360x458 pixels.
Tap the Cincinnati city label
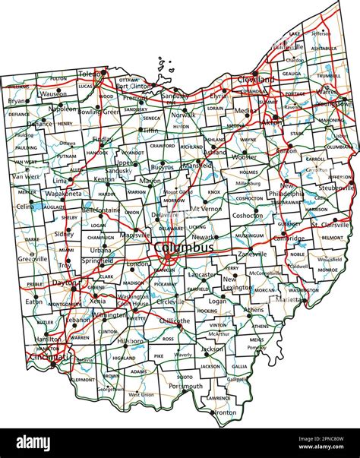[x=49, y=356]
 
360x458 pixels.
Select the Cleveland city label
[x=255, y=77]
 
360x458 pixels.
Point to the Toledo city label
[x=90, y=74]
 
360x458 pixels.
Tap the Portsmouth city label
[x=186, y=386]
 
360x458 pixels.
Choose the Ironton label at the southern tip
[x=226, y=412]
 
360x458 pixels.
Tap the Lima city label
[x=60, y=182]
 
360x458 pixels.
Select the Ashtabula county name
[x=324, y=48]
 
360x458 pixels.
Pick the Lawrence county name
[x=219, y=397]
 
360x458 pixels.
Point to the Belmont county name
[x=333, y=238]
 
